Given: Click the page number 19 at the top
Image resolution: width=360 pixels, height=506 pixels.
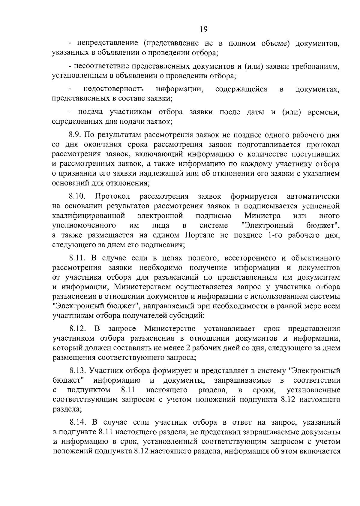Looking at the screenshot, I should coord(203,29).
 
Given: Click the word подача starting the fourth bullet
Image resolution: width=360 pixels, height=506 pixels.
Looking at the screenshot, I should coord(91,112).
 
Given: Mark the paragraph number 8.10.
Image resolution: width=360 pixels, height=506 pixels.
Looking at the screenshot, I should coord(77,196).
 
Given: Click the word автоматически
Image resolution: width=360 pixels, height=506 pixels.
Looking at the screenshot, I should coord(313,196).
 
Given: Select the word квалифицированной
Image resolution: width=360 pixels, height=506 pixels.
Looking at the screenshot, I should coord(88,215).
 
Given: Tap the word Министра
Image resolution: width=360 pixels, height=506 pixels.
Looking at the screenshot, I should coord(262,215).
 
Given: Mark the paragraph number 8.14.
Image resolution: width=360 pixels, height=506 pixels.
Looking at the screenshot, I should coord(77,422).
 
